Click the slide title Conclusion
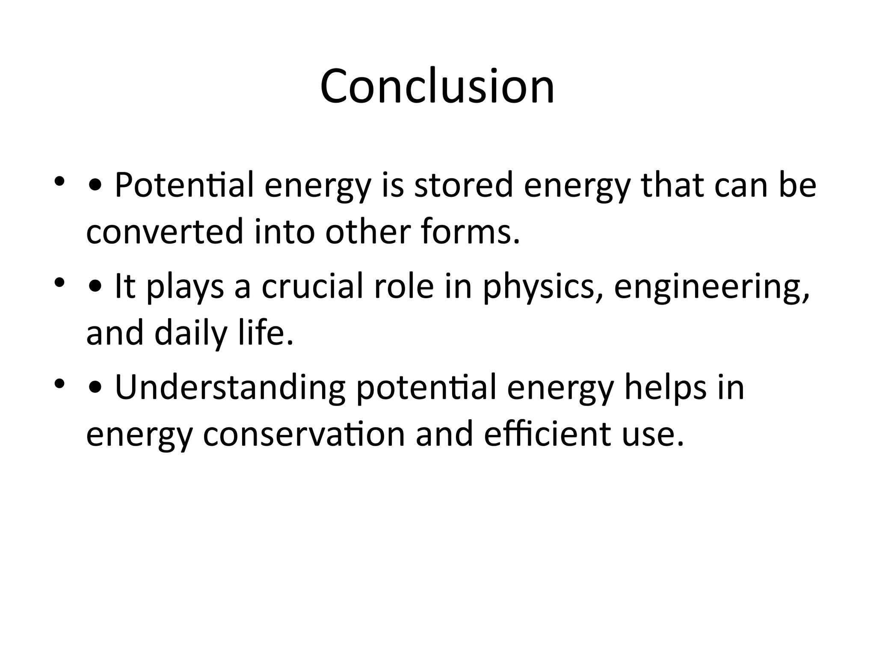click(x=437, y=86)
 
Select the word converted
click(x=165, y=231)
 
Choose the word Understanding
click(x=230, y=388)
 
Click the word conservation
click(x=304, y=434)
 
